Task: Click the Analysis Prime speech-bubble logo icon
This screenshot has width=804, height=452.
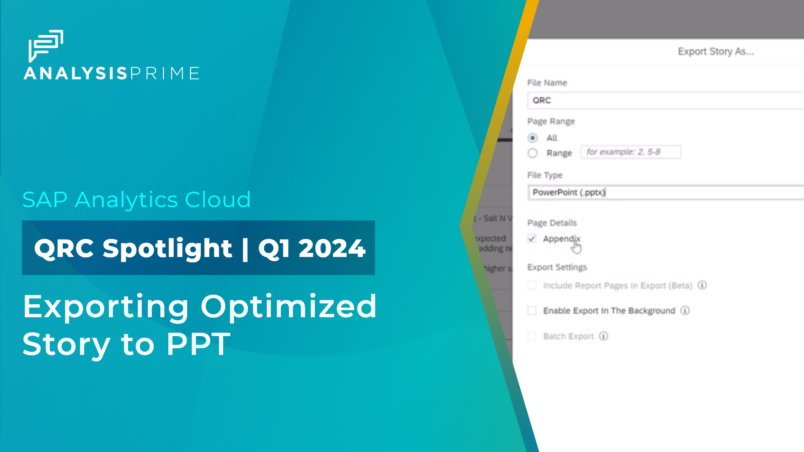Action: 46,45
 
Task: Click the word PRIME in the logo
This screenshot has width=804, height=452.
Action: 165,73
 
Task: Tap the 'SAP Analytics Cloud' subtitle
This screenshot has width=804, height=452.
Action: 137,200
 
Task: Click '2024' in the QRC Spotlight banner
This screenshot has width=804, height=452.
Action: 332,248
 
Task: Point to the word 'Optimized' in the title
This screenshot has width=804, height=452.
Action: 289,306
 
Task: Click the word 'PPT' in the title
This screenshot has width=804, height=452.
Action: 198,344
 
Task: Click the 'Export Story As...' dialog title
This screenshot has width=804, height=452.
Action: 716,51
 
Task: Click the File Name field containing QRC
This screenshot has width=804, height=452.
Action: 666,100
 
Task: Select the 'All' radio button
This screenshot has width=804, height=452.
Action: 533,138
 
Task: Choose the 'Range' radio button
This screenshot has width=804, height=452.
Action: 533,153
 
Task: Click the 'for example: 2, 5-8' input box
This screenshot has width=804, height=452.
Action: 631,152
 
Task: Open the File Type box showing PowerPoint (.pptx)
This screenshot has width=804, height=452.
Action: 666,193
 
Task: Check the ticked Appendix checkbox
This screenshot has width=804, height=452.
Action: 532,239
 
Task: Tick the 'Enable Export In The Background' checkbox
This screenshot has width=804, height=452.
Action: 532,311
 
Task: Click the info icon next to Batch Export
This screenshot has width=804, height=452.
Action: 603,336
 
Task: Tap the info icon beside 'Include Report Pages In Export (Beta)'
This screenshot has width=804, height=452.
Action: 702,285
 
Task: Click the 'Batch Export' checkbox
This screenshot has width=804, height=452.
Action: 532,336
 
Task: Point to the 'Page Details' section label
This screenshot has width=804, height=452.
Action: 552,223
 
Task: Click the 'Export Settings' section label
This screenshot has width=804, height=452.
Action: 557,267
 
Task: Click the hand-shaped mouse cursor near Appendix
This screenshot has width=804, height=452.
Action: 577,247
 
